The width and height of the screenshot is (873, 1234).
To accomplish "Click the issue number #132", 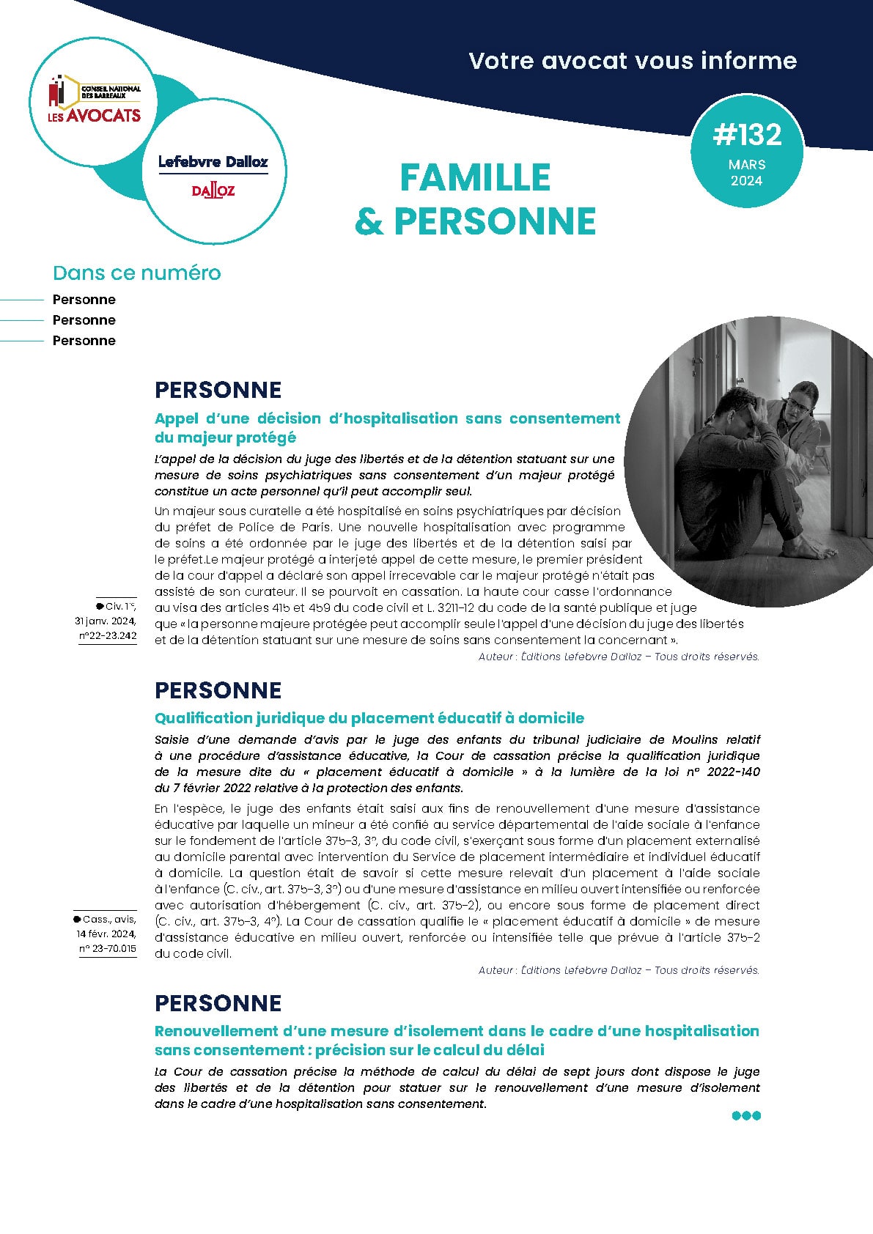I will point(747,135).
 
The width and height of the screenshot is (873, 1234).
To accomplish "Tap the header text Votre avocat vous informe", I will point(633,60).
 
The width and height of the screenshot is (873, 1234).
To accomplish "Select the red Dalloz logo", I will point(213,191).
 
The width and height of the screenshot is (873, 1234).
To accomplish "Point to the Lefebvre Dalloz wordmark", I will point(213,162).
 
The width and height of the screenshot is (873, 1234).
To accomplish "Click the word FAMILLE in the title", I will point(476,178).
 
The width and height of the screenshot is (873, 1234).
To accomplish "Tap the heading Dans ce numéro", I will point(136,273).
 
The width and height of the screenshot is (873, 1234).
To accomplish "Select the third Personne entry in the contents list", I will point(84,341).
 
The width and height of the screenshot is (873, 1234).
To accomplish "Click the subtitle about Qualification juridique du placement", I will point(369,718).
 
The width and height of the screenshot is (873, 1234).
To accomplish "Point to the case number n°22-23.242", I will point(108,636).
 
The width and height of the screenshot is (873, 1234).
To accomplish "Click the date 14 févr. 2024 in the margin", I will point(106,934).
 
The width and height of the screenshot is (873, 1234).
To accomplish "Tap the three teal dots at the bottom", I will point(746,1116).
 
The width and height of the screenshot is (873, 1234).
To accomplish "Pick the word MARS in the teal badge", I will point(747,165).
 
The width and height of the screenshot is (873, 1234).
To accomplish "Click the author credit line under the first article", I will point(619,657).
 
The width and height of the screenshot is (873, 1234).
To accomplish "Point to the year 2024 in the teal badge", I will point(747,181).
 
